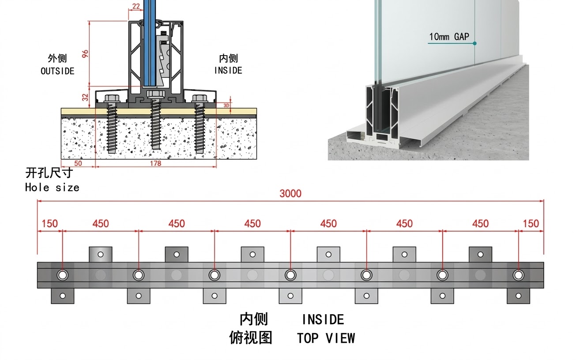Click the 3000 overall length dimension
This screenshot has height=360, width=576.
tap(290, 193)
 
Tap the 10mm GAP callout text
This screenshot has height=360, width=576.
tap(449, 37)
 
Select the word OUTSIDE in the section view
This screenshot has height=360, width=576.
tap(57, 71)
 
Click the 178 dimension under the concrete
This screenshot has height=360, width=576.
tap(155, 164)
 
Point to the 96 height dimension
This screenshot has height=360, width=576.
tap(85, 53)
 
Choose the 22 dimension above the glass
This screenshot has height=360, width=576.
tap(136, 6)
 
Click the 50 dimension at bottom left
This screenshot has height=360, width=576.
tap(78, 164)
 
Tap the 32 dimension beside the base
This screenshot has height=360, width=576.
tap(85, 97)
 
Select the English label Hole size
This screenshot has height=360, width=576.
tap(52, 187)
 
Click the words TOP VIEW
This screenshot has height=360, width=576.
tap(326, 338)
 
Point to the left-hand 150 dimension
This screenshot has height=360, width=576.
tap(49, 224)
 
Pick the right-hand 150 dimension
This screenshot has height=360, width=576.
tap(531, 224)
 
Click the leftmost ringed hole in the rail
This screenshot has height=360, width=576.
tap(63, 275)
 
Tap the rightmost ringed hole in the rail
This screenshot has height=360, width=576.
tap(518, 275)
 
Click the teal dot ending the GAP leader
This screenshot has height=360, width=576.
tap(475, 43)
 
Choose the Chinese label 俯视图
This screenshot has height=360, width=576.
tap(251, 338)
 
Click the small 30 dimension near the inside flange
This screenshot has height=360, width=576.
tap(226, 105)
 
